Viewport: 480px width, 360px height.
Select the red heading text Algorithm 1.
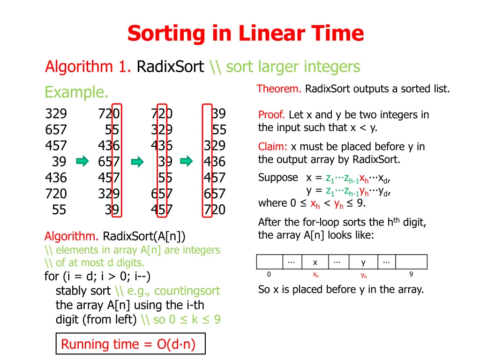[88, 67]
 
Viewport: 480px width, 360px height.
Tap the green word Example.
[76, 92]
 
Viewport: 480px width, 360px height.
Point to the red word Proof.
[272, 115]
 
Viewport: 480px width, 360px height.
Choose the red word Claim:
[273, 147]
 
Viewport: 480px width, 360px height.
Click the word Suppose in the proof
[278, 178]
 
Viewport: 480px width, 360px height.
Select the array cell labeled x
[315, 262]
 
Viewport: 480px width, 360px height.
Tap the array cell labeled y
[363, 262]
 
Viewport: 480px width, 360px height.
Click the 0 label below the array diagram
[269, 275]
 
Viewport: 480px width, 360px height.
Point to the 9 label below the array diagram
[411, 275]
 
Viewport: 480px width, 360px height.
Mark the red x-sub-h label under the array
[316, 276]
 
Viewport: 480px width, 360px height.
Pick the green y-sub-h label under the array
[364, 276]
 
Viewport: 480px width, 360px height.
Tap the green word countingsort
[187, 291]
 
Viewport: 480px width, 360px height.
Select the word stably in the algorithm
[70, 291]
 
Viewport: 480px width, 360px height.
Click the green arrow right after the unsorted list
[82, 162]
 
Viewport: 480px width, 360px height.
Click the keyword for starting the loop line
[51, 277]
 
